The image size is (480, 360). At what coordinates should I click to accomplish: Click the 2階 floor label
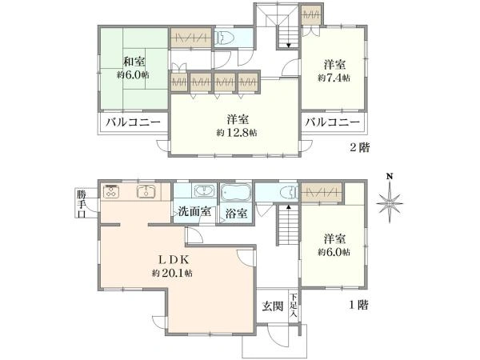point(358,147)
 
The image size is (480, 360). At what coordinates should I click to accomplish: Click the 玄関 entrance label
point(272,306)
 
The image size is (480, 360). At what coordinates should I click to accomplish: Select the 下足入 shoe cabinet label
point(294,305)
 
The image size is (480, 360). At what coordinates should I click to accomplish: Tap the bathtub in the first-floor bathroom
point(235,194)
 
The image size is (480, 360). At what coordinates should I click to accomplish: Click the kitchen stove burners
point(111,191)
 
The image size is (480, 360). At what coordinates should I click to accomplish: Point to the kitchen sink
point(146,191)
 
